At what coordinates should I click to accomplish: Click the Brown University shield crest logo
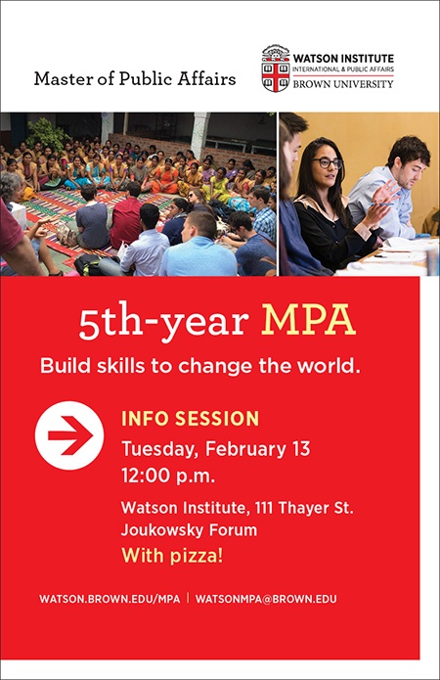coord(276,68)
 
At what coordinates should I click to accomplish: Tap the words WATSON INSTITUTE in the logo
coord(343,59)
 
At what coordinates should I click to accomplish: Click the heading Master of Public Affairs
coord(135,79)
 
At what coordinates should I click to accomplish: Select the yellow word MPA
coord(308,321)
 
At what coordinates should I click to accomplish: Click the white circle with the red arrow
coord(69,435)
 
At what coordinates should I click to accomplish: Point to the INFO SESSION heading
coord(190,419)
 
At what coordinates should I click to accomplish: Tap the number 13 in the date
coord(301,449)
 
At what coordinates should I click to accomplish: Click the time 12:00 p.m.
coord(168,476)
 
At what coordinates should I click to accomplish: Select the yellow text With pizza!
coord(172,555)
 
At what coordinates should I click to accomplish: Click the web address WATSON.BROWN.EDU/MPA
coord(110,599)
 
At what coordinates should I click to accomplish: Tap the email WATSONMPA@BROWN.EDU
coord(266,599)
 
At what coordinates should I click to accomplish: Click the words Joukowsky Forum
coord(189,530)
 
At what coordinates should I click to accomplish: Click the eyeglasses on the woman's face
coord(328,163)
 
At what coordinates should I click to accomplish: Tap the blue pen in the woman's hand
coord(382,204)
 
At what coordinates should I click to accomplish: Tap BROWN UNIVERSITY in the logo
coord(343,84)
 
